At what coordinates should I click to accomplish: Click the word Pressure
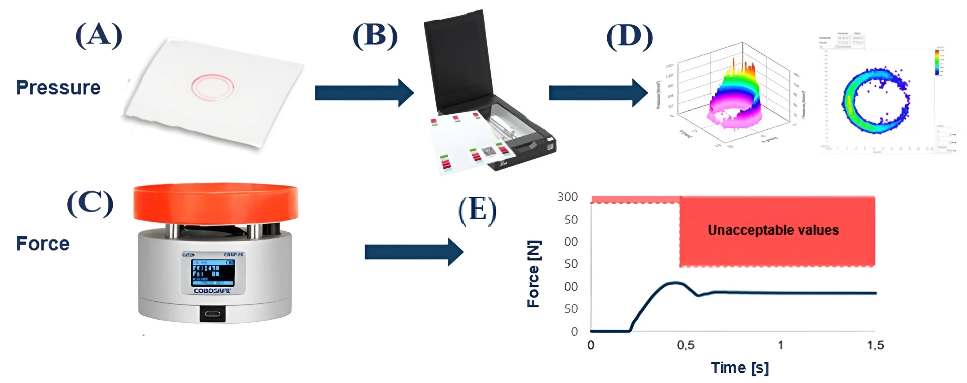(58, 88)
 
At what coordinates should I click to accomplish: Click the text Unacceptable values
(773, 230)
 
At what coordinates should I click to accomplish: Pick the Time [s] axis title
(739, 368)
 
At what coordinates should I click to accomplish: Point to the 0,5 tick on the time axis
(685, 345)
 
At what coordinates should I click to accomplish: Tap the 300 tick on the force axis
(567, 197)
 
